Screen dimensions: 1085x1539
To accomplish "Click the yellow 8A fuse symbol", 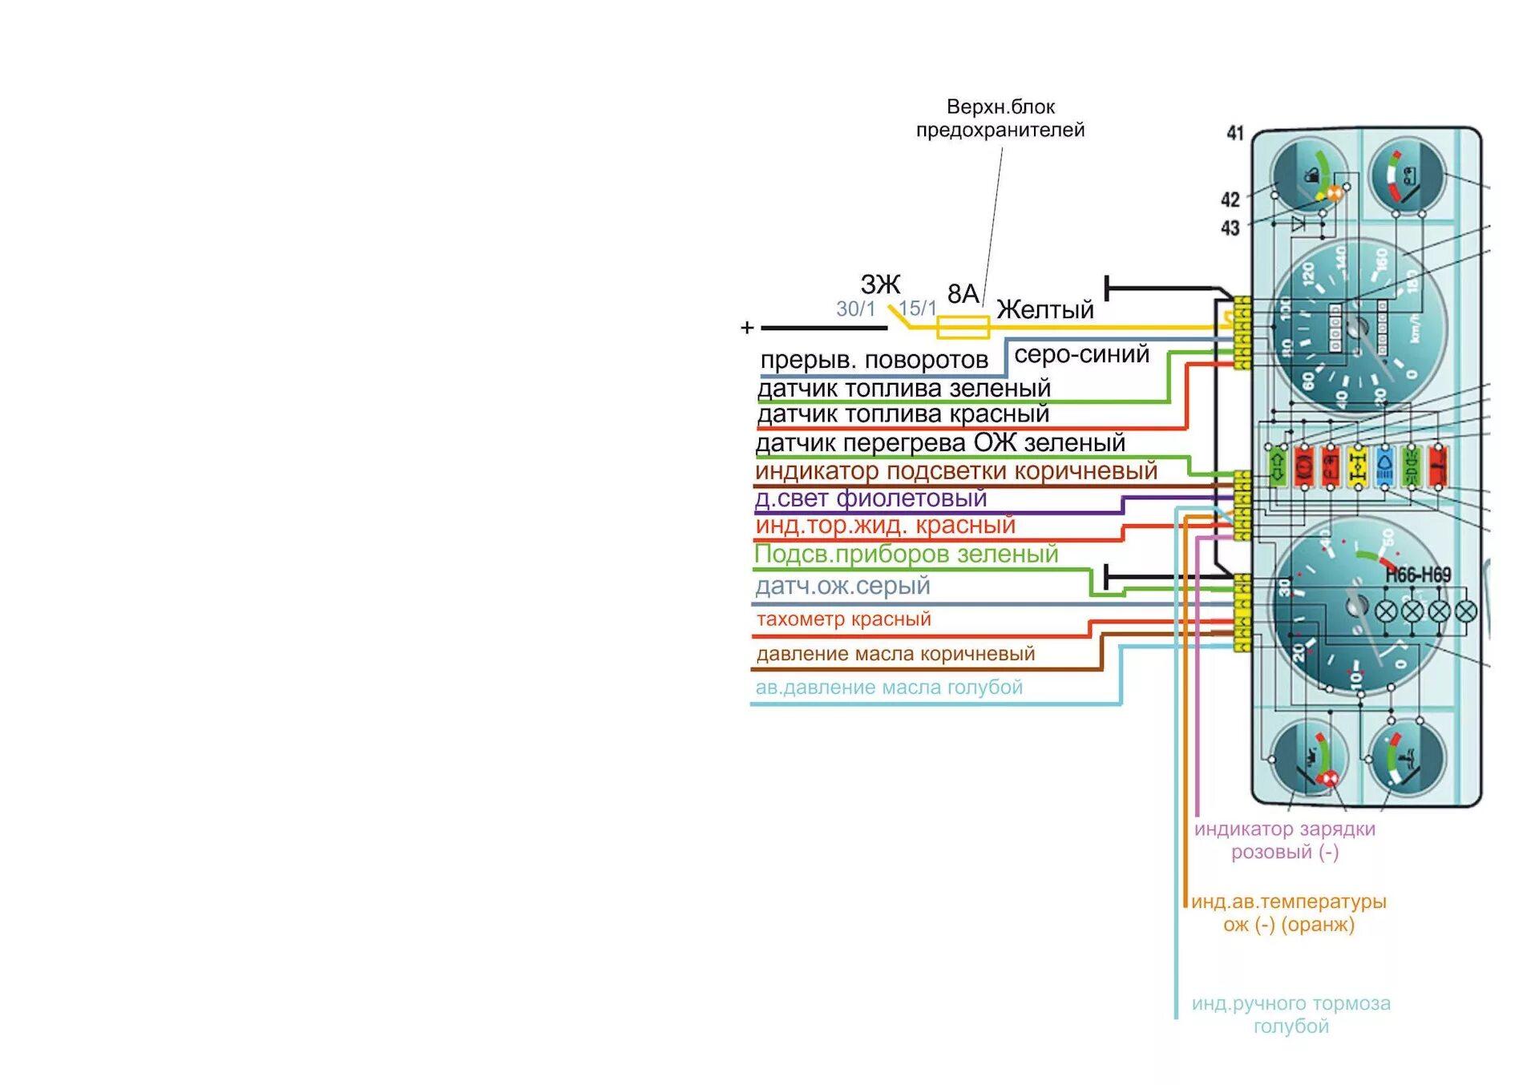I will coord(963,327).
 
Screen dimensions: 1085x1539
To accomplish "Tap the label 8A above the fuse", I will coord(963,294).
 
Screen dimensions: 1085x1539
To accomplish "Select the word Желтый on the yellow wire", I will coord(1044,309).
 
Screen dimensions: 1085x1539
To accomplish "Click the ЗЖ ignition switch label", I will coord(880,284).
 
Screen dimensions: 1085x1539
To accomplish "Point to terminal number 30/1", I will coord(855,309).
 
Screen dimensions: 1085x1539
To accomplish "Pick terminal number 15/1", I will coord(917,309).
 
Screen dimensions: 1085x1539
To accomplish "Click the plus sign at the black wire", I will coord(747,328).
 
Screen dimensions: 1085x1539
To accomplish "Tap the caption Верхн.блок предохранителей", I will coord(1000,119).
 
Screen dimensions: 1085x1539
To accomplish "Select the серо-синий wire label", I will coord(1081,354).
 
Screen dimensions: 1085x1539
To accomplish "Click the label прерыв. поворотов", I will coord(874,361).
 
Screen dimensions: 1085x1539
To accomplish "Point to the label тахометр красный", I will coord(843,619).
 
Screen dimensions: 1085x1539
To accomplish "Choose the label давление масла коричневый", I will coord(895,654).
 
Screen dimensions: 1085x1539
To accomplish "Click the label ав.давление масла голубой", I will coord(889,688).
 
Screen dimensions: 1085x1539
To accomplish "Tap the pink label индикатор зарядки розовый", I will coord(1285,840).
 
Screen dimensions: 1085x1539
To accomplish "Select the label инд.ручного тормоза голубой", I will coord(1291,1014).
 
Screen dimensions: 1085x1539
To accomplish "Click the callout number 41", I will coord(1235,133).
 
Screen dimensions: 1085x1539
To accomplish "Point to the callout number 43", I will coord(1230,228).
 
